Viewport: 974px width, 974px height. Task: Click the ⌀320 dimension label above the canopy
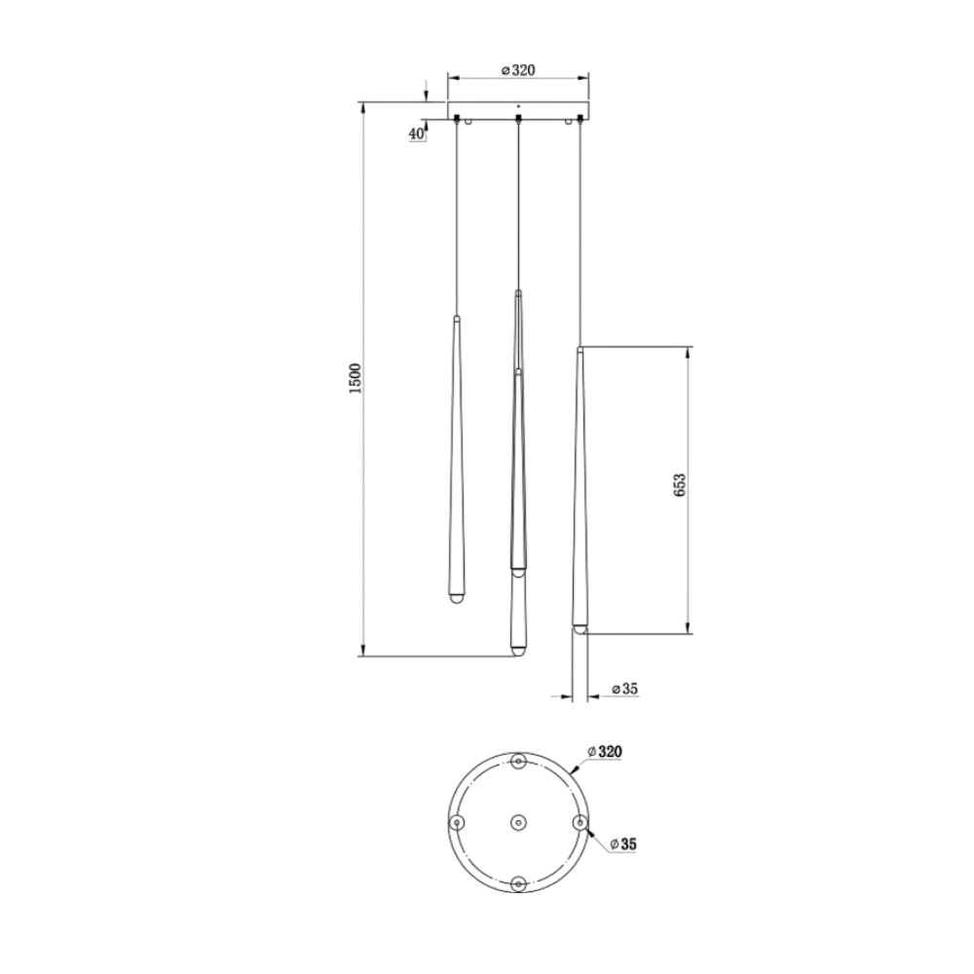pos(518,70)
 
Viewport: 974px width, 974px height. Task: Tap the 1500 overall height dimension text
pos(356,379)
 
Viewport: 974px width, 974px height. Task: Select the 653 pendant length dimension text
pos(680,485)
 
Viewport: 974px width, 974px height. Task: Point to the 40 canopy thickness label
pos(416,133)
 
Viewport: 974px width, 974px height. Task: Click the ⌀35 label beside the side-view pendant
pos(625,689)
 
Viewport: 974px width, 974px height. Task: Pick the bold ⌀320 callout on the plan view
pos(606,752)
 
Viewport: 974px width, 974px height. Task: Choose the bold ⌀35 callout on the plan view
pos(623,844)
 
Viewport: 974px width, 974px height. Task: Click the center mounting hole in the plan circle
pos(519,822)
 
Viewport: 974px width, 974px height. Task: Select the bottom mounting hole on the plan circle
pos(519,883)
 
